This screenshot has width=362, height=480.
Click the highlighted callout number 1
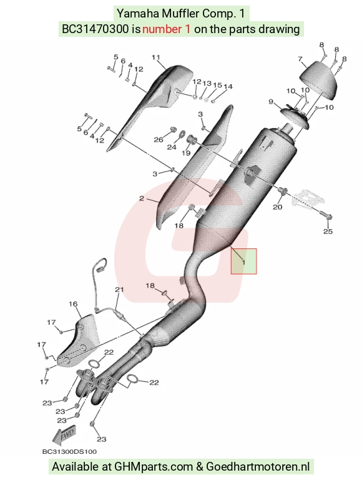(x=243, y=262)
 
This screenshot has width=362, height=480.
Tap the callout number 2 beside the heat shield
(x=142, y=198)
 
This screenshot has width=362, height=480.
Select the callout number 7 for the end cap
(x=300, y=59)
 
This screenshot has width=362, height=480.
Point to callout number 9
(x=271, y=101)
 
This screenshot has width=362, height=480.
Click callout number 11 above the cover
(x=156, y=57)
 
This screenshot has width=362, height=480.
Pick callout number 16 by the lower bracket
(x=73, y=304)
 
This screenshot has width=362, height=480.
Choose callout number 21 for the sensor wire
(x=119, y=290)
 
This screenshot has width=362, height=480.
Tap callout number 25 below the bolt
(x=328, y=232)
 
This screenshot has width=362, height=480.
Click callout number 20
(x=278, y=207)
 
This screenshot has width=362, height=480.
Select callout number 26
(x=159, y=140)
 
